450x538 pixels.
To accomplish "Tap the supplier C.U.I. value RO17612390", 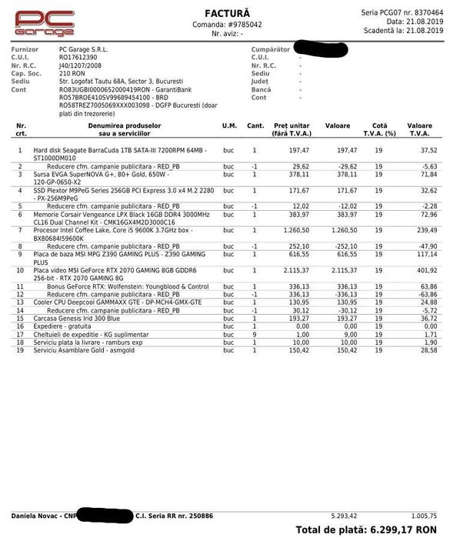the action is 78,57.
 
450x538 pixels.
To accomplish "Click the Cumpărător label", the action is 270,49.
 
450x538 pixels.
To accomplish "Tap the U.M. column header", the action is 229,125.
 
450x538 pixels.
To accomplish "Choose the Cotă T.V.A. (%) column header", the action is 378,129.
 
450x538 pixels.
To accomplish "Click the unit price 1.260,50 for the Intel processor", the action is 295,229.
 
